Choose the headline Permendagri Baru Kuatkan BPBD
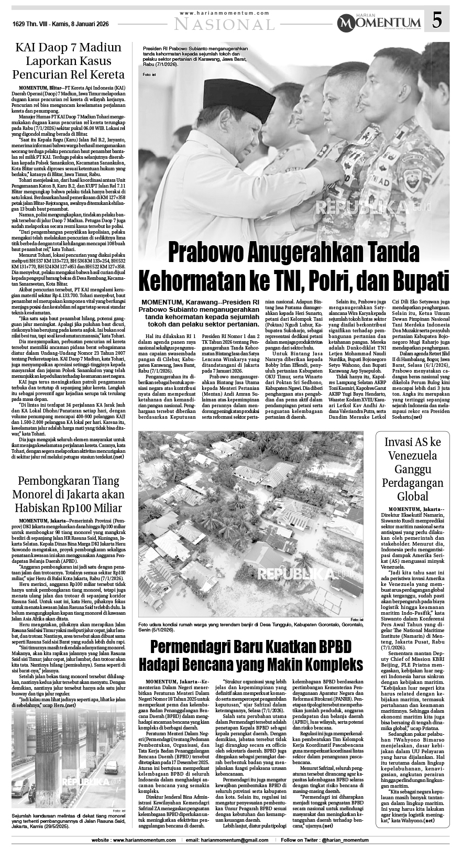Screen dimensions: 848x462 250,657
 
